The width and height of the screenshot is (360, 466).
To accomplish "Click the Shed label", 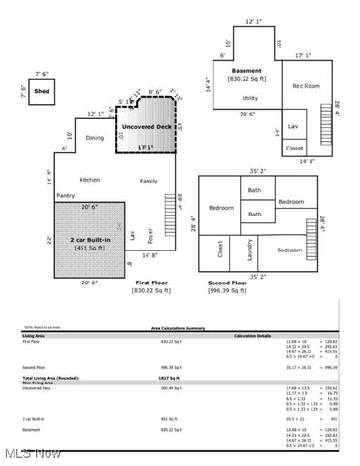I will pyautogui.click(x=42, y=94).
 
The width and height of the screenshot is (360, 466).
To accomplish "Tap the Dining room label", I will pyautogui.click(x=95, y=138).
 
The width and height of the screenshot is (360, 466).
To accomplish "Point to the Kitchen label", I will pyautogui.click(x=89, y=180).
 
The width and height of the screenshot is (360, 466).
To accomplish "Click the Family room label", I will pyautogui.click(x=147, y=181).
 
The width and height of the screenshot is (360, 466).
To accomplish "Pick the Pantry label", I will pyautogui.click(x=66, y=196).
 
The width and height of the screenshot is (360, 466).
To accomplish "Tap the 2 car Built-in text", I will pyautogui.click(x=88, y=238).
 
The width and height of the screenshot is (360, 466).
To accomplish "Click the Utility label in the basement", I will pyautogui.click(x=249, y=99).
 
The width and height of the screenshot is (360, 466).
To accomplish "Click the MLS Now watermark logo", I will pyautogui.click(x=32, y=452).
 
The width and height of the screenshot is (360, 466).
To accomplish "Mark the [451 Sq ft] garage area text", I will pyautogui.click(x=88, y=248).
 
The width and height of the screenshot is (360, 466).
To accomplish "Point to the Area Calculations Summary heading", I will pyautogui.click(x=180, y=330).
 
